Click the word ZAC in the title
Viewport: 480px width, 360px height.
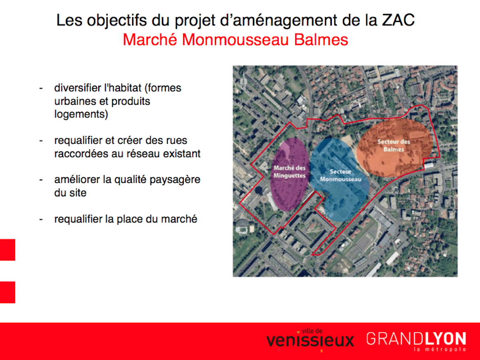[x=398, y=20]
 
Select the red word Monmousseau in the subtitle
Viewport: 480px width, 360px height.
[x=235, y=40]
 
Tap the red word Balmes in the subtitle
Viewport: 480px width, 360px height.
[x=321, y=40]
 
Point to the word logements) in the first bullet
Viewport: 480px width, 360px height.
[x=81, y=115]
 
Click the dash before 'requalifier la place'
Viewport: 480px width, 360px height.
[x=41, y=220]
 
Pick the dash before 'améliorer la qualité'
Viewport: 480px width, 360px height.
[x=41, y=180]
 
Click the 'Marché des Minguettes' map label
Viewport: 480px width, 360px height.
[x=290, y=172]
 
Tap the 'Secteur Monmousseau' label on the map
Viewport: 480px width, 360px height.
[x=341, y=175]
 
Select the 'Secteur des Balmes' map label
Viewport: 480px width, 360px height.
[x=394, y=145]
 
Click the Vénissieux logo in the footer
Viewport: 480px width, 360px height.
[x=310, y=339]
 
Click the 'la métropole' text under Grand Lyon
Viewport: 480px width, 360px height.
[x=440, y=349]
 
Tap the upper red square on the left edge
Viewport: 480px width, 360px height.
[x=7, y=250]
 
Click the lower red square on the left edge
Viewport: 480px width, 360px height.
[x=7, y=292]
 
